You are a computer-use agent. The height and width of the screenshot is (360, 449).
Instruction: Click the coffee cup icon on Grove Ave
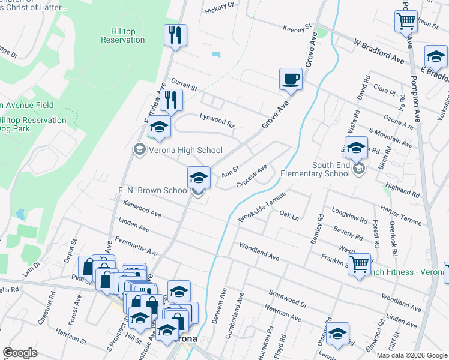(291, 79)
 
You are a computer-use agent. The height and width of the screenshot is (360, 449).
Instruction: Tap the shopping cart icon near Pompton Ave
(406, 22)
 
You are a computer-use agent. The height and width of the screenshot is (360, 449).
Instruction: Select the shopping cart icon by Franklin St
(359, 263)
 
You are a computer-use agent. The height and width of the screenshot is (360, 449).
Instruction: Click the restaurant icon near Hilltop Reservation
(175, 35)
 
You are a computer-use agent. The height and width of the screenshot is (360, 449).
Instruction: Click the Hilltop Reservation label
(123, 35)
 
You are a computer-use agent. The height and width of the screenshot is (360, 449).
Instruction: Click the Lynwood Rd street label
(217, 120)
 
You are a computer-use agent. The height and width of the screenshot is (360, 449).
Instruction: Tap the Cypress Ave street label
(252, 175)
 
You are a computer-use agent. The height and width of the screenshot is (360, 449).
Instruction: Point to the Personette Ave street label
(139, 247)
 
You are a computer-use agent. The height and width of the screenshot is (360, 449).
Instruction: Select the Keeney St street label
(297, 27)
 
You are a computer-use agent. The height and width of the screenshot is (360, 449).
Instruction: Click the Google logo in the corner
(20, 353)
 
